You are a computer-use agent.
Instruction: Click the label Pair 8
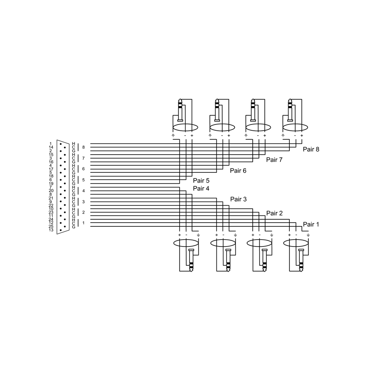click(311, 149)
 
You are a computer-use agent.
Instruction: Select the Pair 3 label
click(238, 199)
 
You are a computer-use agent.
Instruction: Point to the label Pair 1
click(311, 224)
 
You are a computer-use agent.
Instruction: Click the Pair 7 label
click(274, 160)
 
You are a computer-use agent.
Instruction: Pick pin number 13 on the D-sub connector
click(51, 230)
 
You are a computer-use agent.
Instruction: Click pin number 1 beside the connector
click(51, 144)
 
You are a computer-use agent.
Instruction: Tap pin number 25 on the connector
click(51, 226)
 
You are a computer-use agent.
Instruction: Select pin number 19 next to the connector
click(51, 183)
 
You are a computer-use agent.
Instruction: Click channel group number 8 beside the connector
click(84, 148)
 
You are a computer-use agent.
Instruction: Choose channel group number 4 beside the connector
click(84, 191)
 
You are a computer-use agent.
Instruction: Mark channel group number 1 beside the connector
click(84, 223)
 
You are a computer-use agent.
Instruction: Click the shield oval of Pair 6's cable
click(222, 127)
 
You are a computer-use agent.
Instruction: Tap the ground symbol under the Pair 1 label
click(308, 235)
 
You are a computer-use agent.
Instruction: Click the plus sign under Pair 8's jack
click(302, 135)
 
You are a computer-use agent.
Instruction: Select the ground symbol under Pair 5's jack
click(173, 135)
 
